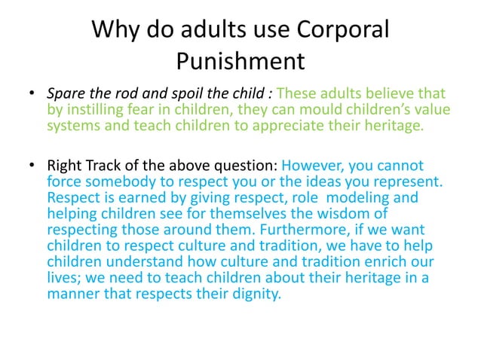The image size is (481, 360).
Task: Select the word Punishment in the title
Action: (240, 59)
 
